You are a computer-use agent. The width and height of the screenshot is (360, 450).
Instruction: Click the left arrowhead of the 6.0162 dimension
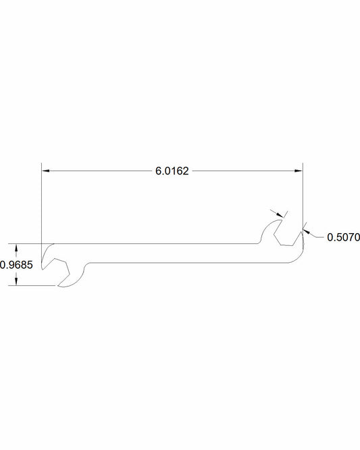[x=45, y=172]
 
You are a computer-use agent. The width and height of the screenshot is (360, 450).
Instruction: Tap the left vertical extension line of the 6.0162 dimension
[x=41, y=203]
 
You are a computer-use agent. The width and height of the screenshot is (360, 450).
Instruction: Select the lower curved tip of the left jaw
[x=68, y=285]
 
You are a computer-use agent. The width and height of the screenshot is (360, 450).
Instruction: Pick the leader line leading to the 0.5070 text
[x=316, y=236]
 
